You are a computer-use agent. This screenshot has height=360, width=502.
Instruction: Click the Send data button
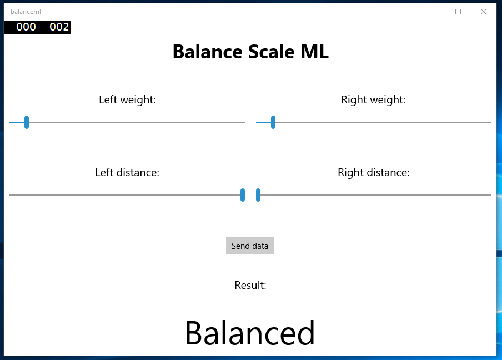[250, 246]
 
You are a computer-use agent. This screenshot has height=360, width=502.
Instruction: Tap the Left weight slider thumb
[27, 122]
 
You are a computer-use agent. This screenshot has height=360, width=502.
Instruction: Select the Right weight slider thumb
[273, 122]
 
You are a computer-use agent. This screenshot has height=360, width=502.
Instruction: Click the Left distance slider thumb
[243, 195]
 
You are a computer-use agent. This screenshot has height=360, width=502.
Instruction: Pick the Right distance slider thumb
[258, 195]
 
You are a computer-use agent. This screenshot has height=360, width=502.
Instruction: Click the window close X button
[484, 12]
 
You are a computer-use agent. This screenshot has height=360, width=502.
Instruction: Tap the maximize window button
[458, 12]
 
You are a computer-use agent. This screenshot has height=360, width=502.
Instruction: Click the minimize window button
[433, 12]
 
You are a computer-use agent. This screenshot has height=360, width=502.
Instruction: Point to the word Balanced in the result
[250, 333]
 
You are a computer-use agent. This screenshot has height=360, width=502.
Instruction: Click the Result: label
[250, 285]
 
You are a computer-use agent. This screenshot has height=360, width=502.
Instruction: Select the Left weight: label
[127, 99]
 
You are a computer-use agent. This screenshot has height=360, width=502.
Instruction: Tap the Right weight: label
[373, 99]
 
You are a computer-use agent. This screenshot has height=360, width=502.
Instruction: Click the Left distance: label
[127, 172]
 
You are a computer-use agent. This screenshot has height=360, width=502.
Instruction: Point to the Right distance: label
[374, 172]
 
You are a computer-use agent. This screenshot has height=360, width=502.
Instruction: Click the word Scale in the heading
[271, 52]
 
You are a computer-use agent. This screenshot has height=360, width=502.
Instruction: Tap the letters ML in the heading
[315, 52]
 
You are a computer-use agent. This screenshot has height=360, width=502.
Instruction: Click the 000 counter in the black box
[26, 27]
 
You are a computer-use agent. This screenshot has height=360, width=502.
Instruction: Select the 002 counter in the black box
[59, 27]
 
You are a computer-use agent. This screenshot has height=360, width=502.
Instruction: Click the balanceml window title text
[26, 12]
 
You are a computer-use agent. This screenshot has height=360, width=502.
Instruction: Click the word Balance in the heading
[208, 52]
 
